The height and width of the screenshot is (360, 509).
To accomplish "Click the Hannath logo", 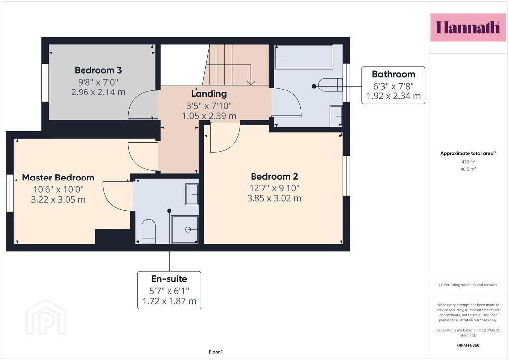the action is click(468, 27).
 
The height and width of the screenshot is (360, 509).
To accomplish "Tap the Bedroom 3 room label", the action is click(98, 70).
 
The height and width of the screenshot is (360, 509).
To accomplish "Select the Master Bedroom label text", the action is click(58, 178).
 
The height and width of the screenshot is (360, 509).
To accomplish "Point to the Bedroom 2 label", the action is click(274, 176).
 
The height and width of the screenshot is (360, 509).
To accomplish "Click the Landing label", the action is click(209, 94).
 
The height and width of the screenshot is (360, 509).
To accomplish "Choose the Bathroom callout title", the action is click(394, 74).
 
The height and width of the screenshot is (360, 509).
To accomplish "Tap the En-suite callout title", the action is click(169, 279).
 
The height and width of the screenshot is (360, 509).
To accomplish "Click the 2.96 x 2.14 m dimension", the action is click(98, 92).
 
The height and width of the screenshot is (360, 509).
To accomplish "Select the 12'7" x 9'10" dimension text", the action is click(274, 188).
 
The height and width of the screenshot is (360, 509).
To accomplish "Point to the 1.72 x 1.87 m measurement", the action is click(169, 301).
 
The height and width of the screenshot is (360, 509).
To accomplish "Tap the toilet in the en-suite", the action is click(149, 231).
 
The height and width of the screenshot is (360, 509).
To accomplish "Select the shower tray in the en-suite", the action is click(185, 230).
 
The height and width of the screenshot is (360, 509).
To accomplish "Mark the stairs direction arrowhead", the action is click(251, 83).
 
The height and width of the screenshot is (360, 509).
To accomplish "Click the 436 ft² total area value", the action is click(468, 161).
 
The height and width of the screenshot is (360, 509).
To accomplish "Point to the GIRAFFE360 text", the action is click(468, 345).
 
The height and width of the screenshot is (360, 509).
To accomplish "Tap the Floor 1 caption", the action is click(216, 352).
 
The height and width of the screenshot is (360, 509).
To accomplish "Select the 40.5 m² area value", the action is click(468, 169).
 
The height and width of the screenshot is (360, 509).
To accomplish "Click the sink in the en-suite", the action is click(192, 194).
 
